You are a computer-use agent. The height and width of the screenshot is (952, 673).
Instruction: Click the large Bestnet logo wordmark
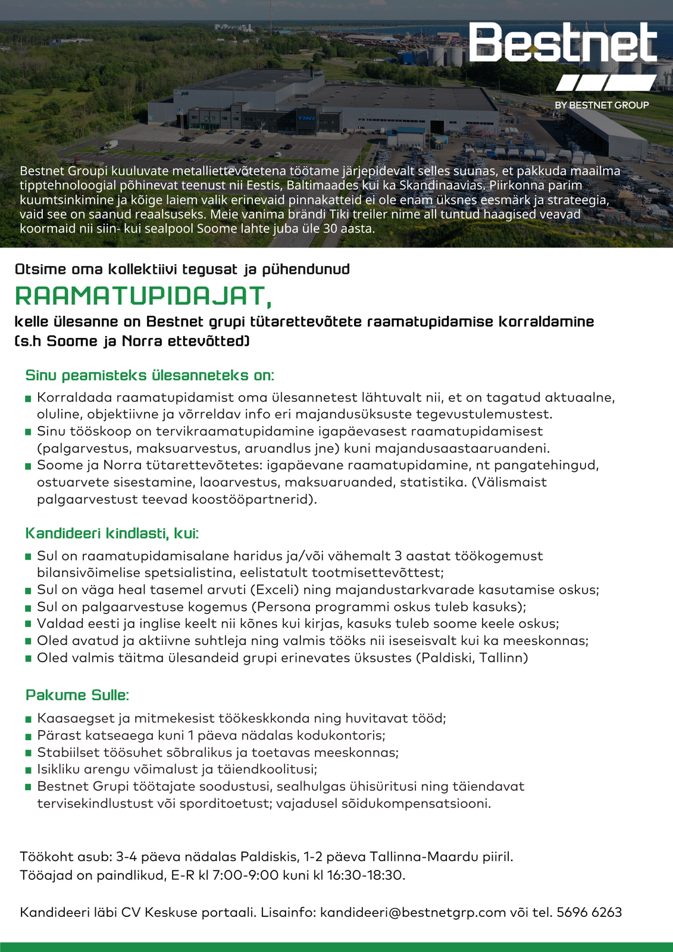(x=562, y=43)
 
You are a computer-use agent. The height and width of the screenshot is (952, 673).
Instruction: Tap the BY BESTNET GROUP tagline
(x=602, y=105)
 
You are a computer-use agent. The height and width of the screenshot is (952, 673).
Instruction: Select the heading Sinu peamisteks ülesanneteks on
(x=149, y=375)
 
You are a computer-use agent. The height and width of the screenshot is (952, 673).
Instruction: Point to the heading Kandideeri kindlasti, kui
(x=112, y=533)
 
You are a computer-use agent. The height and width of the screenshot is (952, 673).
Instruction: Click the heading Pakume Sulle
(x=77, y=695)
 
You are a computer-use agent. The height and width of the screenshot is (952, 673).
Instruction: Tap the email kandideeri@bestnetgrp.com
(x=412, y=912)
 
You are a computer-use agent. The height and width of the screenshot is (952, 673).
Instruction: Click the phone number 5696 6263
(x=589, y=912)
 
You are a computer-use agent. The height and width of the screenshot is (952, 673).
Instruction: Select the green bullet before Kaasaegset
(x=28, y=719)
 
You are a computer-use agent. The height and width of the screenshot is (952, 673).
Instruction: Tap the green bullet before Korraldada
(x=28, y=397)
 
